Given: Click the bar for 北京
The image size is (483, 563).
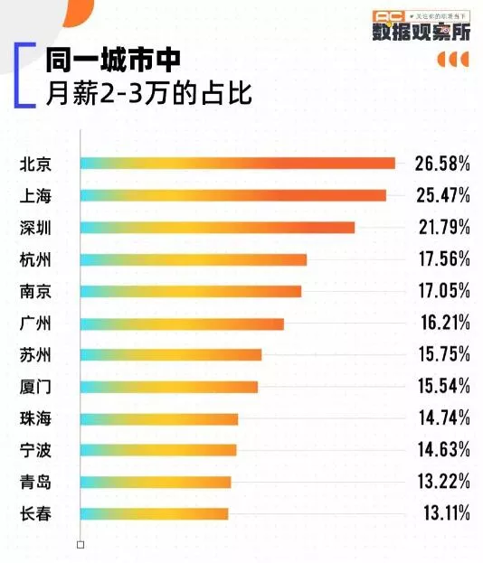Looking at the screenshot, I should click(x=237, y=163).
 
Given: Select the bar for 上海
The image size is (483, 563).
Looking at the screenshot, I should click(x=232, y=195).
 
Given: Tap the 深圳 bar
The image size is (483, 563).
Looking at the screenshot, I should click(x=217, y=227).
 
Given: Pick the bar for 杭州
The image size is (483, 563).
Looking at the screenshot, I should click(x=194, y=259).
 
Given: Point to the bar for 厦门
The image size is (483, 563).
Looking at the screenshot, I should click(x=169, y=387).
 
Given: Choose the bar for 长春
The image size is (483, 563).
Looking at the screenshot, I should click(x=154, y=513).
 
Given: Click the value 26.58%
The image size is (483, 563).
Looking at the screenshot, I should click(x=442, y=164).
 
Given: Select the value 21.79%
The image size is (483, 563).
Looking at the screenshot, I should click(x=442, y=227).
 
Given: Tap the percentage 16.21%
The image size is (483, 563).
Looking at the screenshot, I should click(x=442, y=323).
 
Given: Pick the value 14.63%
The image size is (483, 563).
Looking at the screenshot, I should click(x=442, y=450).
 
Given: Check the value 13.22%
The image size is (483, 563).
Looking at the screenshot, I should click(x=442, y=482).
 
